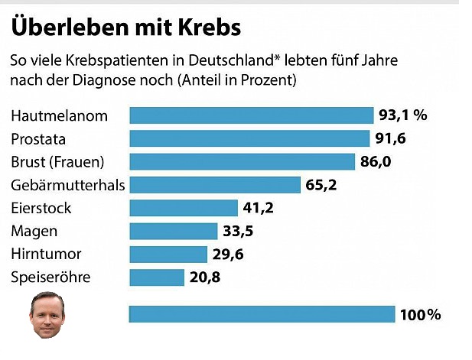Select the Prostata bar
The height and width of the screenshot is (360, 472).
click(250, 138)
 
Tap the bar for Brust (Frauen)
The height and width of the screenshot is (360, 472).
click(243, 161)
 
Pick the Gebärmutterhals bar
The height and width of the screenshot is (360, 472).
click(215, 185)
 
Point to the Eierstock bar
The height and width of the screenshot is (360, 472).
click(184, 208)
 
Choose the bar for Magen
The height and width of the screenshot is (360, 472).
click(174, 231)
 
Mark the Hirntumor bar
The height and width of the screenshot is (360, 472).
click(168, 254)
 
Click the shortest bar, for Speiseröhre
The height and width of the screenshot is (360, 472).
click(157, 277)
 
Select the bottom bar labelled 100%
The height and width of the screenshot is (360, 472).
click(262, 314)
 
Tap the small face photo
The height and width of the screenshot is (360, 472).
click(47, 315)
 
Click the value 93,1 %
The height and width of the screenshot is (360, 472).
click(402, 115)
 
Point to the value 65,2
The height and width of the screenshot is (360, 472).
click(321, 185)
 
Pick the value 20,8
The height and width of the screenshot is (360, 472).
click(205, 277)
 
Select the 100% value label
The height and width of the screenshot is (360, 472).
click(421, 315)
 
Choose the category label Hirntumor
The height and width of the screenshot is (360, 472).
click(46, 254)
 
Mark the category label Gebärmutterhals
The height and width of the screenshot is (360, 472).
click(68, 185)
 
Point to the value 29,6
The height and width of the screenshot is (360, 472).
click(228, 255)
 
